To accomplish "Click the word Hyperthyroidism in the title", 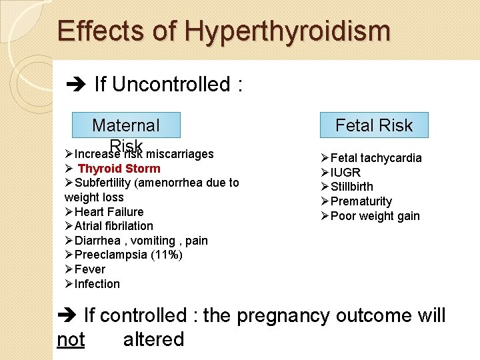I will (287, 31).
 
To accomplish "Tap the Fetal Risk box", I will (373, 125).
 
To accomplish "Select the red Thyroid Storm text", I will (119, 169).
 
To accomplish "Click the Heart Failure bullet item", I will (109, 212).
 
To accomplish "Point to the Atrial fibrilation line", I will (113, 226).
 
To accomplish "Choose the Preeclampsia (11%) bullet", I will (128, 255).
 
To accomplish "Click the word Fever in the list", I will (90, 269).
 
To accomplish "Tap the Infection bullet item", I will (97, 284).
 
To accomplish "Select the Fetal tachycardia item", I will (376, 158).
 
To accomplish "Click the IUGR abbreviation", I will (345, 173).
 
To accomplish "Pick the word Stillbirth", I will (352, 187).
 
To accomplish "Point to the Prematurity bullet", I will (361, 201).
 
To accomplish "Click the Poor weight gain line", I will (375, 216).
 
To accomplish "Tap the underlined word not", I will (71, 339).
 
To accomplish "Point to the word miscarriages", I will (184, 154).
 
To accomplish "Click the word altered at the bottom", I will (153, 339).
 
